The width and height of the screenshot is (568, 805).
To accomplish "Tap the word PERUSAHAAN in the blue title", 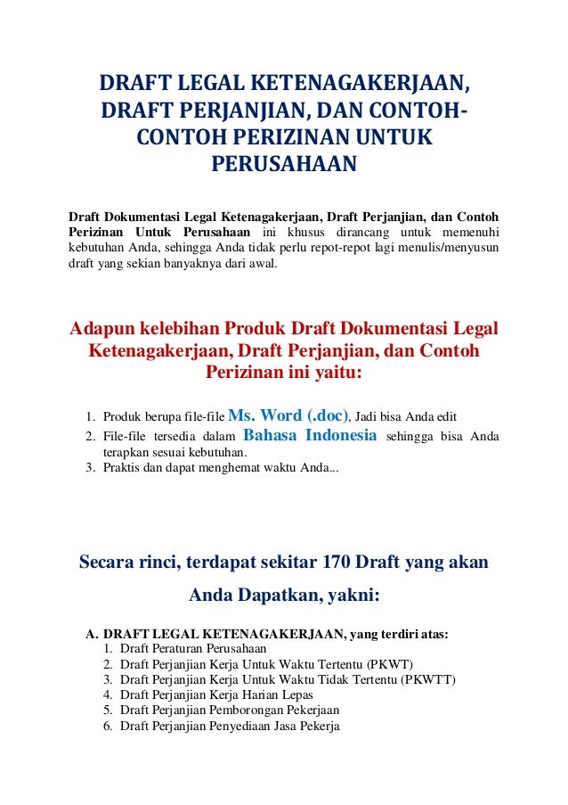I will pyautogui.click(x=283, y=165).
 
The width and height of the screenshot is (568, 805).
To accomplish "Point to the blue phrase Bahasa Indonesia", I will pyautogui.click(x=310, y=436).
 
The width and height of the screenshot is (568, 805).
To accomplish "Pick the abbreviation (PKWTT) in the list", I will pyautogui.click(x=428, y=679).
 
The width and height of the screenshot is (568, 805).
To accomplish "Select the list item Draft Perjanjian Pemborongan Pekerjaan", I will pyautogui.click(x=230, y=711).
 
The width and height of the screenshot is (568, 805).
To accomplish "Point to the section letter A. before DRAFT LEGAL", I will pyautogui.click(x=91, y=634).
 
